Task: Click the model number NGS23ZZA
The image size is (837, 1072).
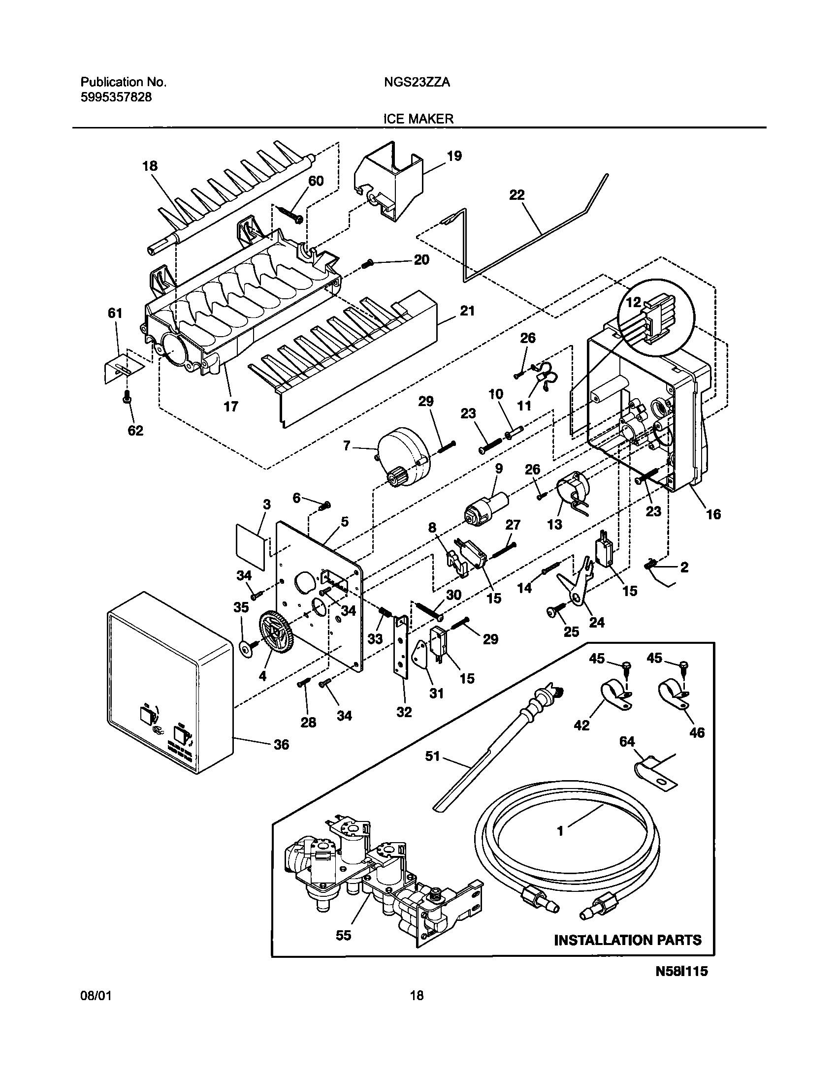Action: (417, 83)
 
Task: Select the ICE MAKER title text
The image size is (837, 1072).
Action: (418, 119)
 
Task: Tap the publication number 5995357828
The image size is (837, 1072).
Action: (116, 97)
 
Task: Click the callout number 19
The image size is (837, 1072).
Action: (454, 157)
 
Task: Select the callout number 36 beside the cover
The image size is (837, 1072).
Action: (282, 745)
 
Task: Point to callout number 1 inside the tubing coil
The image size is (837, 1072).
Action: (560, 831)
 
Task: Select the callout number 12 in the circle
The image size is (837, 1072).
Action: (634, 302)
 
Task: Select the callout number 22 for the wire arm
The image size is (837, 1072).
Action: (516, 195)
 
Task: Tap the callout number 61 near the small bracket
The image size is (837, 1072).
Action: (115, 313)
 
